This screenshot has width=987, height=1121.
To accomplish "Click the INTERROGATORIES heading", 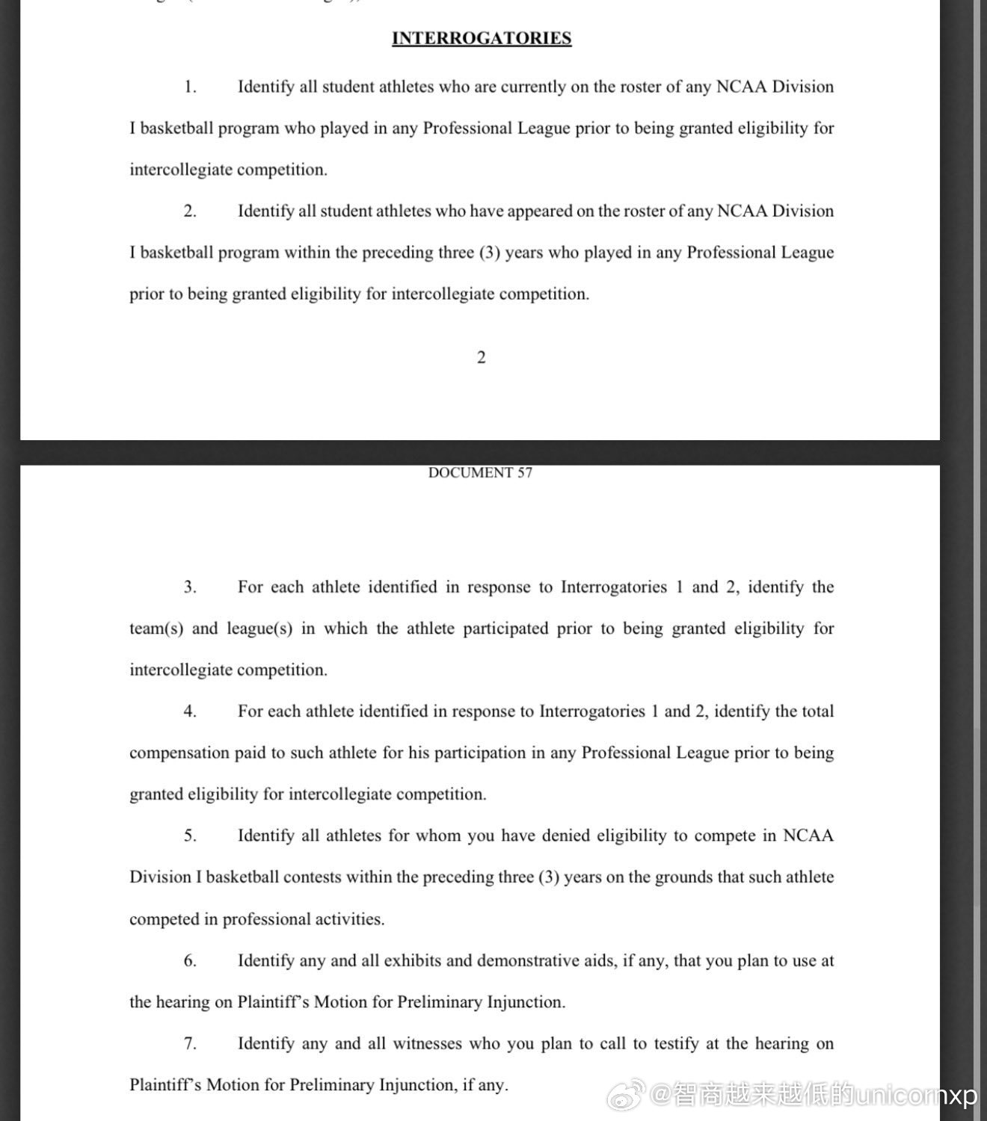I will [x=482, y=38].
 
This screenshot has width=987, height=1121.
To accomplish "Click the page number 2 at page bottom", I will [x=481, y=358].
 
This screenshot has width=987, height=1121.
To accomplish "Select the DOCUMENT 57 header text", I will [x=480, y=473].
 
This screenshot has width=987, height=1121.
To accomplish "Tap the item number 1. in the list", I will [x=190, y=87].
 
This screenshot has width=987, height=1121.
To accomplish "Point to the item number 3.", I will [x=190, y=587].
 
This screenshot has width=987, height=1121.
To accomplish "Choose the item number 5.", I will [x=190, y=836].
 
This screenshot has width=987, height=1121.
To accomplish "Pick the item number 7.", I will [x=190, y=1043].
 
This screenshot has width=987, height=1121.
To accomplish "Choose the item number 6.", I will [x=190, y=960].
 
